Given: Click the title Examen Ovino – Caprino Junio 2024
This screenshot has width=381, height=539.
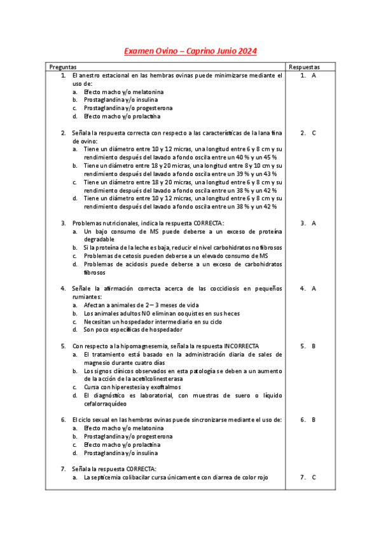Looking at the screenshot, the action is (x=190, y=51).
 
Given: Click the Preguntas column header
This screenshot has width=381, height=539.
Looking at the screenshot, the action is (x=63, y=67).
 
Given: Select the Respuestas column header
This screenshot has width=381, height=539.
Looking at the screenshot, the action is (x=304, y=67).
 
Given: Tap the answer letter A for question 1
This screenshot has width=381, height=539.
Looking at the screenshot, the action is (x=314, y=76).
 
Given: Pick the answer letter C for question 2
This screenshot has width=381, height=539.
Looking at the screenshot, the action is (x=314, y=133).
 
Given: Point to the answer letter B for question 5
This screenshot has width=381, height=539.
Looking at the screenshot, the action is (x=314, y=346).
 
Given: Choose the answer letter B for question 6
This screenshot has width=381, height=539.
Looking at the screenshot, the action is (x=314, y=420).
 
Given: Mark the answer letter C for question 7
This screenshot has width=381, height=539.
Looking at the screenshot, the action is (x=314, y=477).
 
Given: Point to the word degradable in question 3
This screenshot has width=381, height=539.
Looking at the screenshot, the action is (x=100, y=240).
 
